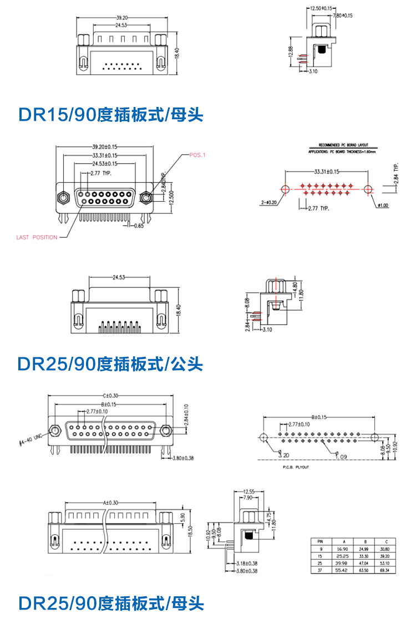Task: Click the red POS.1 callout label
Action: point(197,155)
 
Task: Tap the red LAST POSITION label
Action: point(37,237)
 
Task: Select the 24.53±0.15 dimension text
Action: point(104,163)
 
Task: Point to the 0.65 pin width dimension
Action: point(139,226)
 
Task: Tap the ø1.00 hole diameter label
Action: point(382,206)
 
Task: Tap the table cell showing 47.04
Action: point(363,562)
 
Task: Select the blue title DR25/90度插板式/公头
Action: point(111,364)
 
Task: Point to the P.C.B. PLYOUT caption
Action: point(293,467)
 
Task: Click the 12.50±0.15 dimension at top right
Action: point(320,8)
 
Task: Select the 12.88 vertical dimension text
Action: point(291,51)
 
